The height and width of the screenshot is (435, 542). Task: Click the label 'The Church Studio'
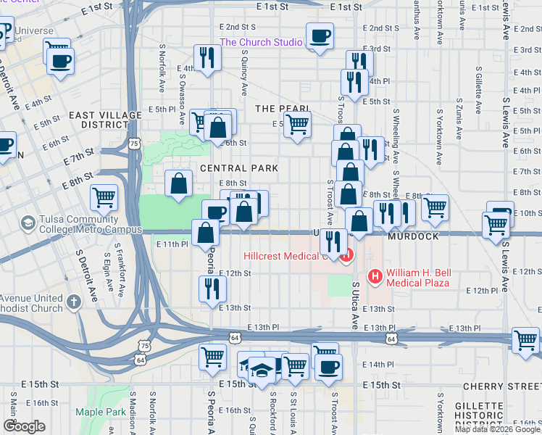[x=261, y=42]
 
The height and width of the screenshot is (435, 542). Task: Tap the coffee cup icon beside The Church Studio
[x=320, y=36]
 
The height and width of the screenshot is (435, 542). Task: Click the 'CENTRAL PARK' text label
[x=239, y=168]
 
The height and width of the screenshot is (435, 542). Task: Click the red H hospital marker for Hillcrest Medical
[x=347, y=255]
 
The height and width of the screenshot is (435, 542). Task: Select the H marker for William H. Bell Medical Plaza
[x=375, y=275]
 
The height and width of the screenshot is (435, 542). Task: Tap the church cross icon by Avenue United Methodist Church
[x=73, y=301]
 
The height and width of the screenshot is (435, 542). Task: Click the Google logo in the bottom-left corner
[x=24, y=426]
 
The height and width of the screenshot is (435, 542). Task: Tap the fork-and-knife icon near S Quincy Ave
[x=207, y=58]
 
